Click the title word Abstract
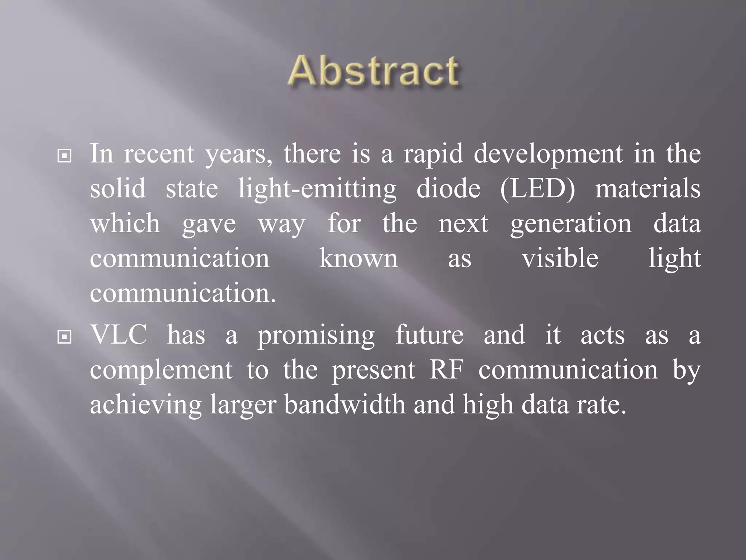click(373, 71)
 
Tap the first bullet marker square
click(64, 156)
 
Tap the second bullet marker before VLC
click(64, 337)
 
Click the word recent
click(159, 154)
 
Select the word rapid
click(433, 154)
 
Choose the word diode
click(448, 188)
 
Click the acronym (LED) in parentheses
click(537, 188)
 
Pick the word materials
click(648, 188)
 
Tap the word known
click(358, 258)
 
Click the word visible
click(560, 258)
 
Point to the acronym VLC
click(118, 335)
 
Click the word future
click(429, 335)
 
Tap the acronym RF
click(446, 370)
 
